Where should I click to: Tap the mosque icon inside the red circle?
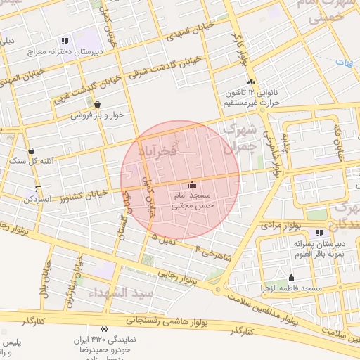pyautogui.click(x=193, y=184)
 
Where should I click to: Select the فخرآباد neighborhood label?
pyautogui.click(x=172, y=150)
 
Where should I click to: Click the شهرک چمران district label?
pyautogui.click(x=236, y=139)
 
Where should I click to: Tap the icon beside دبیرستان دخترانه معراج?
pyautogui.click(x=65, y=41)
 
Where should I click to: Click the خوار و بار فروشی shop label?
pyautogui.click(x=88, y=115)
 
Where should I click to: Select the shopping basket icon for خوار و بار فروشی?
pyautogui.click(x=77, y=104)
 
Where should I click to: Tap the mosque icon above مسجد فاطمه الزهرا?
pyautogui.click(x=291, y=277)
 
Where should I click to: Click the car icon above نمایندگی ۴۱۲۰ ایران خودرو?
pyautogui.click(x=104, y=328)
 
